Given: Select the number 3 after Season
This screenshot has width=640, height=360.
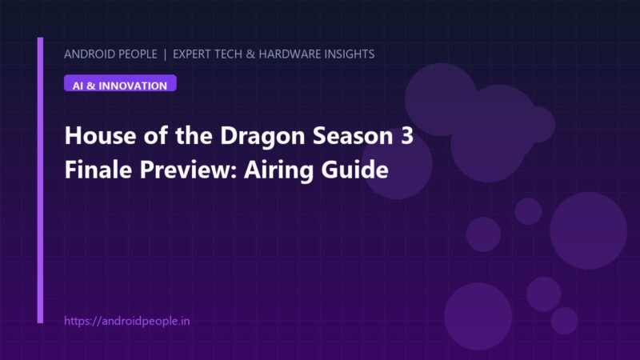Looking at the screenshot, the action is point(407,135).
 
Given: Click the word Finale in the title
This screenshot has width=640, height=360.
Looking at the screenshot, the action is point(98,170).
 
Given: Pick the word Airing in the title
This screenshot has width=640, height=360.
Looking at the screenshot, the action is point(279,170).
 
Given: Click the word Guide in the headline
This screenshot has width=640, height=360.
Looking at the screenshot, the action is point(355,170).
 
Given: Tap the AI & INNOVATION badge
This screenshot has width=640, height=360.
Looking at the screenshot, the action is point(120,83).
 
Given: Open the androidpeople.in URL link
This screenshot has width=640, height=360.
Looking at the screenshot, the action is point(127,322).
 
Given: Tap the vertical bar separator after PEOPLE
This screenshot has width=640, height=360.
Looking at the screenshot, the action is point(165,54).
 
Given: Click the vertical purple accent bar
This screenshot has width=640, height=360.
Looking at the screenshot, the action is point(40,181).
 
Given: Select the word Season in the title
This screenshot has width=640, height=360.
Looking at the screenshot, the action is point(353,135).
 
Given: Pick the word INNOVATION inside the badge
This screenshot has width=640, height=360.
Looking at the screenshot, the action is point(133,86).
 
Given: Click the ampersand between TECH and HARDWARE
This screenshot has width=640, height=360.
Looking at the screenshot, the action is point(250,54).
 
